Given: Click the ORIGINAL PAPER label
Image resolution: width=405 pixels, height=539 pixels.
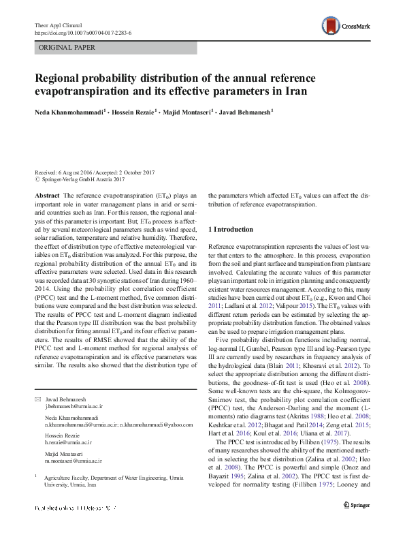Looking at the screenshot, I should (x=67, y=48).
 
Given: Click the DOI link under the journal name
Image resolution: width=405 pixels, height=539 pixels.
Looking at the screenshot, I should (x=82, y=32).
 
